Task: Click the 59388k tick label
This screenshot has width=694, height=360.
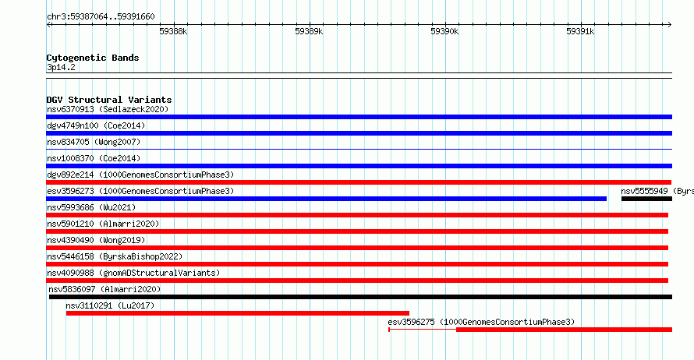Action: point(173,31)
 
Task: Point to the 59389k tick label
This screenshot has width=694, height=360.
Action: point(309,31)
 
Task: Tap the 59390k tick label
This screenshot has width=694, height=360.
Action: point(444,31)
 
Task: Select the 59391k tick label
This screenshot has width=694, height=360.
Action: point(580,31)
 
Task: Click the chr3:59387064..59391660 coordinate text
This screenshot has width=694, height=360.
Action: point(101,17)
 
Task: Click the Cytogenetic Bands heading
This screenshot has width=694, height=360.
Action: point(93,58)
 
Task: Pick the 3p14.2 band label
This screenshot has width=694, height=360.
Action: point(61,67)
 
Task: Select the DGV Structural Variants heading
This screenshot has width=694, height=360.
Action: point(109,100)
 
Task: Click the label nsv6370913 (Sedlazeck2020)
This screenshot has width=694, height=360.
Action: point(108,109)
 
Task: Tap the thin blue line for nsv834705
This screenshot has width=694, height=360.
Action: point(359,150)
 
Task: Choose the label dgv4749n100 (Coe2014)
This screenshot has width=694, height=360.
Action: point(96,125)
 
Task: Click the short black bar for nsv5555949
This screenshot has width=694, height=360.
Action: point(646,199)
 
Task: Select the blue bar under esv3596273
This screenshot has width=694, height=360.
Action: point(326,199)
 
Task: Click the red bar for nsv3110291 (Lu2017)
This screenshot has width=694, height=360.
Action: point(238,313)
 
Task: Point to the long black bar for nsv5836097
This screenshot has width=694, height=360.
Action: point(360,297)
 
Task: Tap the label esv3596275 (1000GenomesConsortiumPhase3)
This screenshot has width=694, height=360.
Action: point(481,322)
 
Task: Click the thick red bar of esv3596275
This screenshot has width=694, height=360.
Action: point(564,330)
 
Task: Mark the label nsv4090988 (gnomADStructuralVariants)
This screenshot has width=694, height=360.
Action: point(133,273)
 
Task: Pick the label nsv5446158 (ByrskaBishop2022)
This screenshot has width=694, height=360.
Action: point(115,256)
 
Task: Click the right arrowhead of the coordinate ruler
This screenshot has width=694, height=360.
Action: point(670,25)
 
